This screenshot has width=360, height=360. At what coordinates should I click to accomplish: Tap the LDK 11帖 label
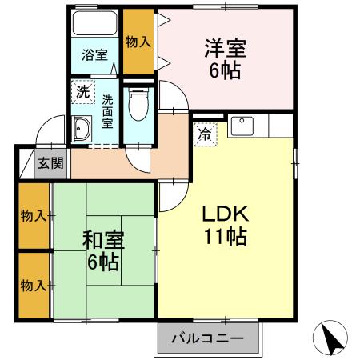pos(223,226)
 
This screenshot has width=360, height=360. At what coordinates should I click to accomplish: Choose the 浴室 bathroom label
pos(94,55)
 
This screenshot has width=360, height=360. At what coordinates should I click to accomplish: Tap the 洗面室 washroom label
pos(107,111)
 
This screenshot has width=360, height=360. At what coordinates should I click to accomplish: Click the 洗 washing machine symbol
pos(82,91)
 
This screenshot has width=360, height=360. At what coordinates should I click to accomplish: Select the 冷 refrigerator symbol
pos(205,134)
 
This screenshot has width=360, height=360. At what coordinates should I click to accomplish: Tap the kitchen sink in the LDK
pos(241,126)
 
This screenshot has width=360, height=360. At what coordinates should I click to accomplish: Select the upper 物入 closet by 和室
pos(33,216)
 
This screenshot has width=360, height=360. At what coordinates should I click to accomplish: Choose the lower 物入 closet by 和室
pos(33,285)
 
